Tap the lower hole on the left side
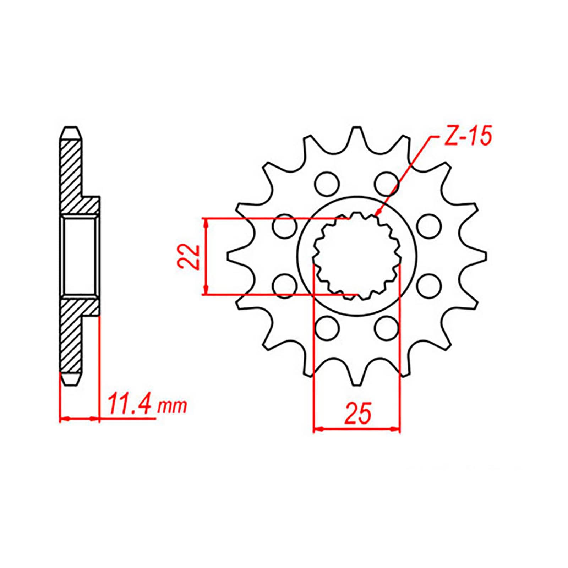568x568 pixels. click(x=285, y=285)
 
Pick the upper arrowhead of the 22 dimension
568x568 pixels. click(x=205, y=222)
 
